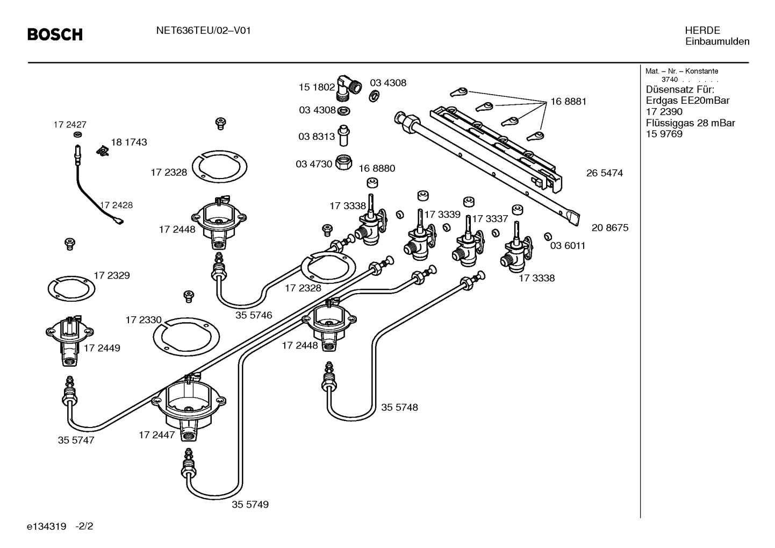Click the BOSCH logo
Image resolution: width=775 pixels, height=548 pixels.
pos(55,34)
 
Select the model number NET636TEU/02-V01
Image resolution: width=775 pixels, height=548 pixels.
pos(204,31)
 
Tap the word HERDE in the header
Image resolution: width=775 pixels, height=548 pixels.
pos(702,31)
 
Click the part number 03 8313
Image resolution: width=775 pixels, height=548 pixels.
pos(317,137)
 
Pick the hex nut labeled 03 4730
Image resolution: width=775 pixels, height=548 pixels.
pos(344,162)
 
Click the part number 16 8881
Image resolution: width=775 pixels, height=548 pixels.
pos(569,102)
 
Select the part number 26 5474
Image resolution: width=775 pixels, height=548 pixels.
pos(605,173)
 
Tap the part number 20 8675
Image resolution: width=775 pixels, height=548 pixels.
pos(610,227)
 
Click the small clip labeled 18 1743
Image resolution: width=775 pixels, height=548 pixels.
pos(103,151)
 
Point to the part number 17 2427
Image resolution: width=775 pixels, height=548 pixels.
pos(70,124)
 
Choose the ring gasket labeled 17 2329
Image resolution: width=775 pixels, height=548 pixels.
pos(71,289)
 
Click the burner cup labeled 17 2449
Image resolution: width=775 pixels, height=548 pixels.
pos(69,341)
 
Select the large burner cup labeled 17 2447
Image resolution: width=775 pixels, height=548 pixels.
pos(189,409)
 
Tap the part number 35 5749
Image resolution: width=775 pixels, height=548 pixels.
pos(250,504)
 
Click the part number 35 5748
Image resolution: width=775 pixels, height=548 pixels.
pos(400,407)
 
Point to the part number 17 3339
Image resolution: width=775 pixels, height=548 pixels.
pos(442,214)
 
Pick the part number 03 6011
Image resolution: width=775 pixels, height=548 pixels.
pos(568,245)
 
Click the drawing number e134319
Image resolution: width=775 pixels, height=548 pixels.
pos(46,526)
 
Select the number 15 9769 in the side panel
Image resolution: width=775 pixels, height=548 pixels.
pos(664,134)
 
